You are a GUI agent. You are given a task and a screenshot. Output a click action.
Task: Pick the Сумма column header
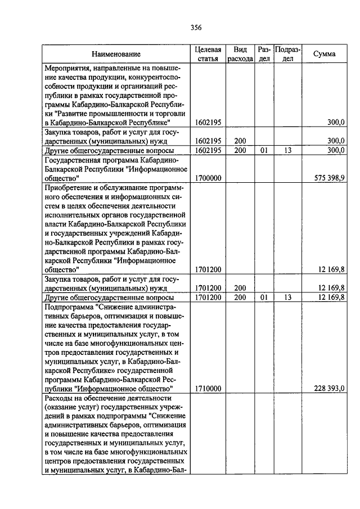click(325, 54)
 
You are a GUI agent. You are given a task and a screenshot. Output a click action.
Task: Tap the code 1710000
click(208, 388)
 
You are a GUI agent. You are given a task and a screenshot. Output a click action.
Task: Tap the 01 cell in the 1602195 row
click(264, 150)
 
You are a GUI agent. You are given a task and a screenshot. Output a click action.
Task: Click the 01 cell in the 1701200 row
click(264, 297)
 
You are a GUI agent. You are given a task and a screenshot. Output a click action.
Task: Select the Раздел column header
click(264, 54)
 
